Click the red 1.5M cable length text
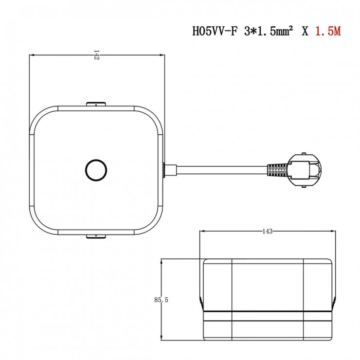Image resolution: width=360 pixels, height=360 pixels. coord(328,31)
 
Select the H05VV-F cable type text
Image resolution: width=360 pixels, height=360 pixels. coord(215,31)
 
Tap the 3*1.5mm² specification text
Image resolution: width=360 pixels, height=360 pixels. coord(269,31)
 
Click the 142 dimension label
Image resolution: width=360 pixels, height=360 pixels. coord(96,55)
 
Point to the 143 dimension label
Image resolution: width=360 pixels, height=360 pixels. coord(268,231)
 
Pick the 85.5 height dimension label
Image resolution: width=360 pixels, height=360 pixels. coord(161,300)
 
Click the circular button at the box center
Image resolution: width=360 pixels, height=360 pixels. coord(96,170)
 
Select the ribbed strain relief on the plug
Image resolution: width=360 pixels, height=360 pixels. coord(277,170)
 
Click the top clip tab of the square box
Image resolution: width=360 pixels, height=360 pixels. coord(96,104)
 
